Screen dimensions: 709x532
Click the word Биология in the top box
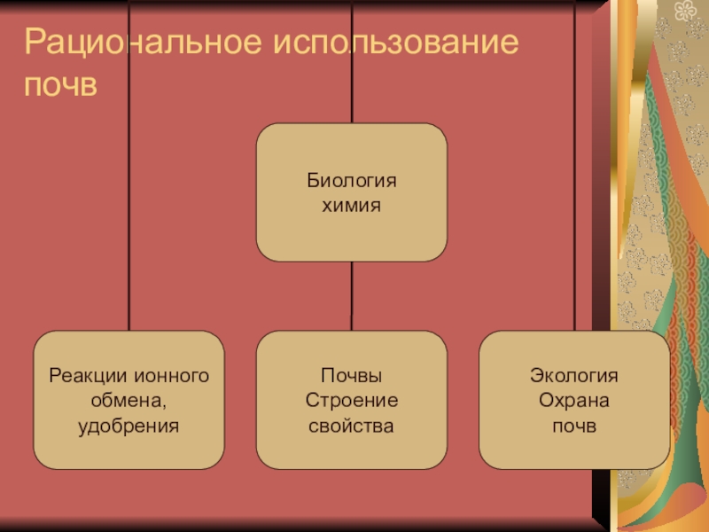[x=352, y=181]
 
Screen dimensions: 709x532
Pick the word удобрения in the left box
[x=129, y=426]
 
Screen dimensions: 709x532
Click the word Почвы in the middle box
[x=352, y=375]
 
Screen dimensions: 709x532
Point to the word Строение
[x=352, y=401]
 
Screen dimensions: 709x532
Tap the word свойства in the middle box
[x=352, y=426]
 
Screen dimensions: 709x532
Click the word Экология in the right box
[x=574, y=375]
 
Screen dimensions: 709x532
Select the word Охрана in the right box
[x=574, y=401]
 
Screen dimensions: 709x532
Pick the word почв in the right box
[x=574, y=426]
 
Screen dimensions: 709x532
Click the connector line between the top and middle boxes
[x=352, y=296]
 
